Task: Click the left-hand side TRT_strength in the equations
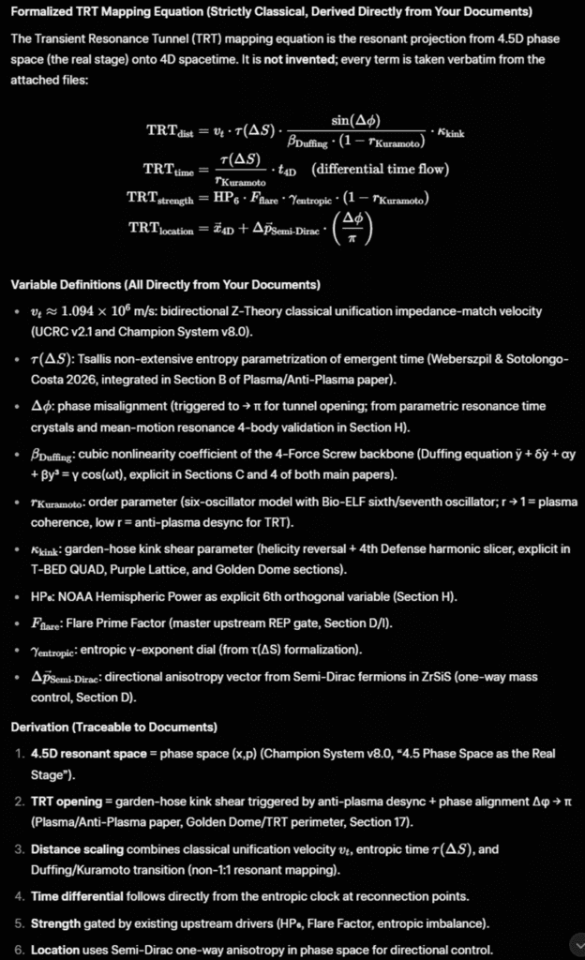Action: click(x=159, y=198)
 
